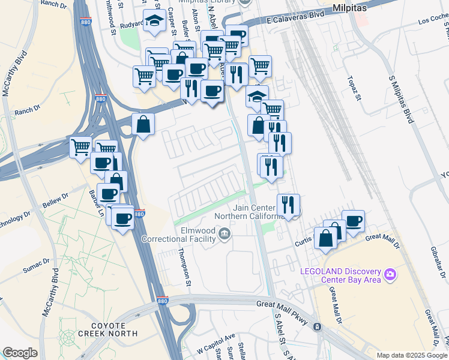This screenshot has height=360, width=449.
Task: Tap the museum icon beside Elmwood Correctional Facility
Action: [225, 233]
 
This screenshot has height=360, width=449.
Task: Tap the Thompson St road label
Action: [182, 269]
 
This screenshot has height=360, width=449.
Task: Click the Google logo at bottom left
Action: [20, 353]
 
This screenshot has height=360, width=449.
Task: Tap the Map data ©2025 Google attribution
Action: [411, 355]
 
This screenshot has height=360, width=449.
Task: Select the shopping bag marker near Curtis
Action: [325, 238]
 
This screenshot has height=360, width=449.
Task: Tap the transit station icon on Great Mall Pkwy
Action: [318, 326]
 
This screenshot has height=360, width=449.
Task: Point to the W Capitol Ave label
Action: [215, 337]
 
